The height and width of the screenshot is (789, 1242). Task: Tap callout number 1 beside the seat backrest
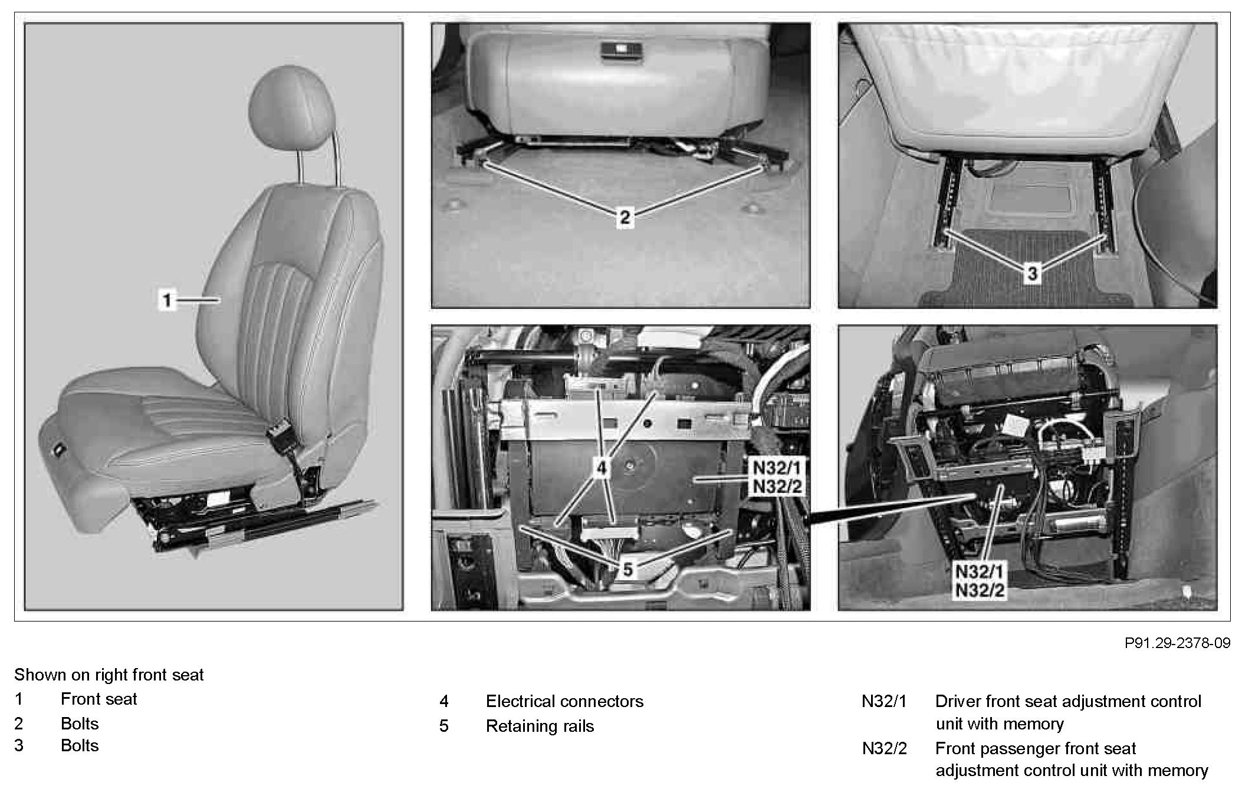coord(167,300)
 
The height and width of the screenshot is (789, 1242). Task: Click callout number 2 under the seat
coord(625,218)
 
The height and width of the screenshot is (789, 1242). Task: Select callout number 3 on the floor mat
coord(1032,273)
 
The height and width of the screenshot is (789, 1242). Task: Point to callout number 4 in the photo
coord(601,468)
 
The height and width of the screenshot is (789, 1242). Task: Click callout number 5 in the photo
coord(627,569)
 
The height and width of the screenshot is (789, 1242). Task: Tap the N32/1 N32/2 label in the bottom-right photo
coord(979,580)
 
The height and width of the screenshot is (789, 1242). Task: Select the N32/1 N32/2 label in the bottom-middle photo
coord(777,477)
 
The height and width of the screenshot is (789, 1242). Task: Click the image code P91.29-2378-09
coord(1177,643)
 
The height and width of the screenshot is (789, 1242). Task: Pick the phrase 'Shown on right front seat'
coord(109,675)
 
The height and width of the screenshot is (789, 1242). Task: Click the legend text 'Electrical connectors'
coord(564,701)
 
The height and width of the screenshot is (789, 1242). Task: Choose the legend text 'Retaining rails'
coord(540,726)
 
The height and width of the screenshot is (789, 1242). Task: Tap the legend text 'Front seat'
coord(98,699)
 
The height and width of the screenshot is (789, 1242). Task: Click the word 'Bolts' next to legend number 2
coord(80,724)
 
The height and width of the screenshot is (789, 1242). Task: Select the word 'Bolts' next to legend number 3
coord(80,745)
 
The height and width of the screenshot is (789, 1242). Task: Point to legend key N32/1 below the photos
coord(884,701)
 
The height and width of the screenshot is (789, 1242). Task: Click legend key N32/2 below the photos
coord(884,748)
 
